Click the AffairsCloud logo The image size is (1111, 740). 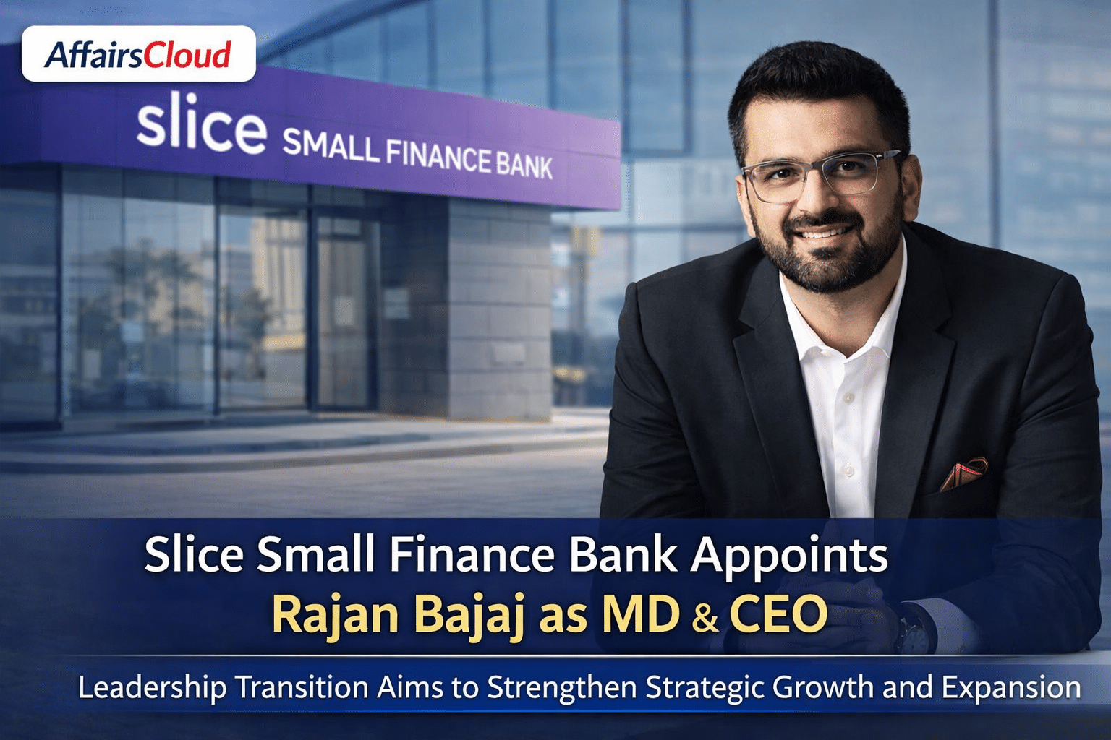(138, 53)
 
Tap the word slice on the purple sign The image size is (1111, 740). (201, 127)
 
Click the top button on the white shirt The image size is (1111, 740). (848, 397)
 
